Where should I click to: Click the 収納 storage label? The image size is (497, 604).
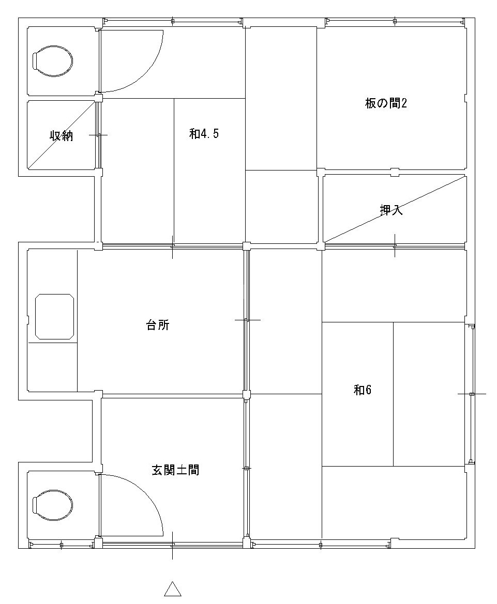coord(62,135)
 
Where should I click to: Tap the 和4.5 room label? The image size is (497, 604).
coord(204,134)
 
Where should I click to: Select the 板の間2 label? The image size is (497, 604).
coord(386,103)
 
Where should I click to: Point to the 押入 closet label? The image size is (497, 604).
coord(391,210)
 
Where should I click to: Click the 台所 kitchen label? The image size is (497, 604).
coord(158,326)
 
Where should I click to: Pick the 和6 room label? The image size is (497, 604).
coord(363,390)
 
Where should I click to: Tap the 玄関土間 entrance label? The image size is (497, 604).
coord(175,470)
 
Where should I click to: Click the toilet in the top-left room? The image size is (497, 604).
coord(52,61)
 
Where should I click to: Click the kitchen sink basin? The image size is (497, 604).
coord(54,317)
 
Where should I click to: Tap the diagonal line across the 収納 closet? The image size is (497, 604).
coord(62,135)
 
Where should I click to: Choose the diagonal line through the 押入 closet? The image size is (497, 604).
coord(395,209)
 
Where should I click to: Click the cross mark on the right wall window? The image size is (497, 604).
coord(472,394)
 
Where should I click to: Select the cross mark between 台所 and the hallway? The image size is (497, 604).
coord(247,320)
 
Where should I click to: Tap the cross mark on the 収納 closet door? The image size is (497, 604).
coord(98,135)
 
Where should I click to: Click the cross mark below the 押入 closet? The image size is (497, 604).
coord(395,245)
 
